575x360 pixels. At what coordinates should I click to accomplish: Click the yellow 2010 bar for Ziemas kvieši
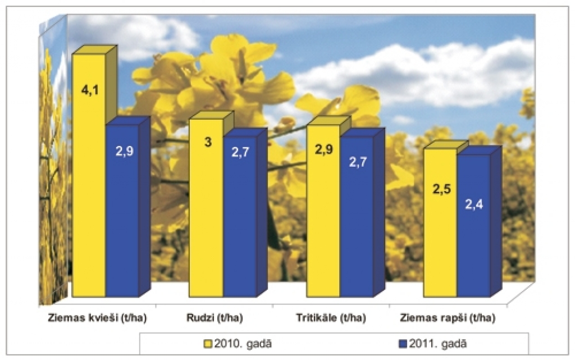pyautogui.click(x=89, y=180)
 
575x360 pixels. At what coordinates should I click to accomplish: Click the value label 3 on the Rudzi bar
pyautogui.click(x=207, y=143)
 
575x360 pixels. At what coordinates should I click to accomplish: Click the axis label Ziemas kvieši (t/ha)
pyautogui.click(x=97, y=318)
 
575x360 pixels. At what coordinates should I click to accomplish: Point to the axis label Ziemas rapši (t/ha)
pyautogui.click(x=448, y=318)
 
